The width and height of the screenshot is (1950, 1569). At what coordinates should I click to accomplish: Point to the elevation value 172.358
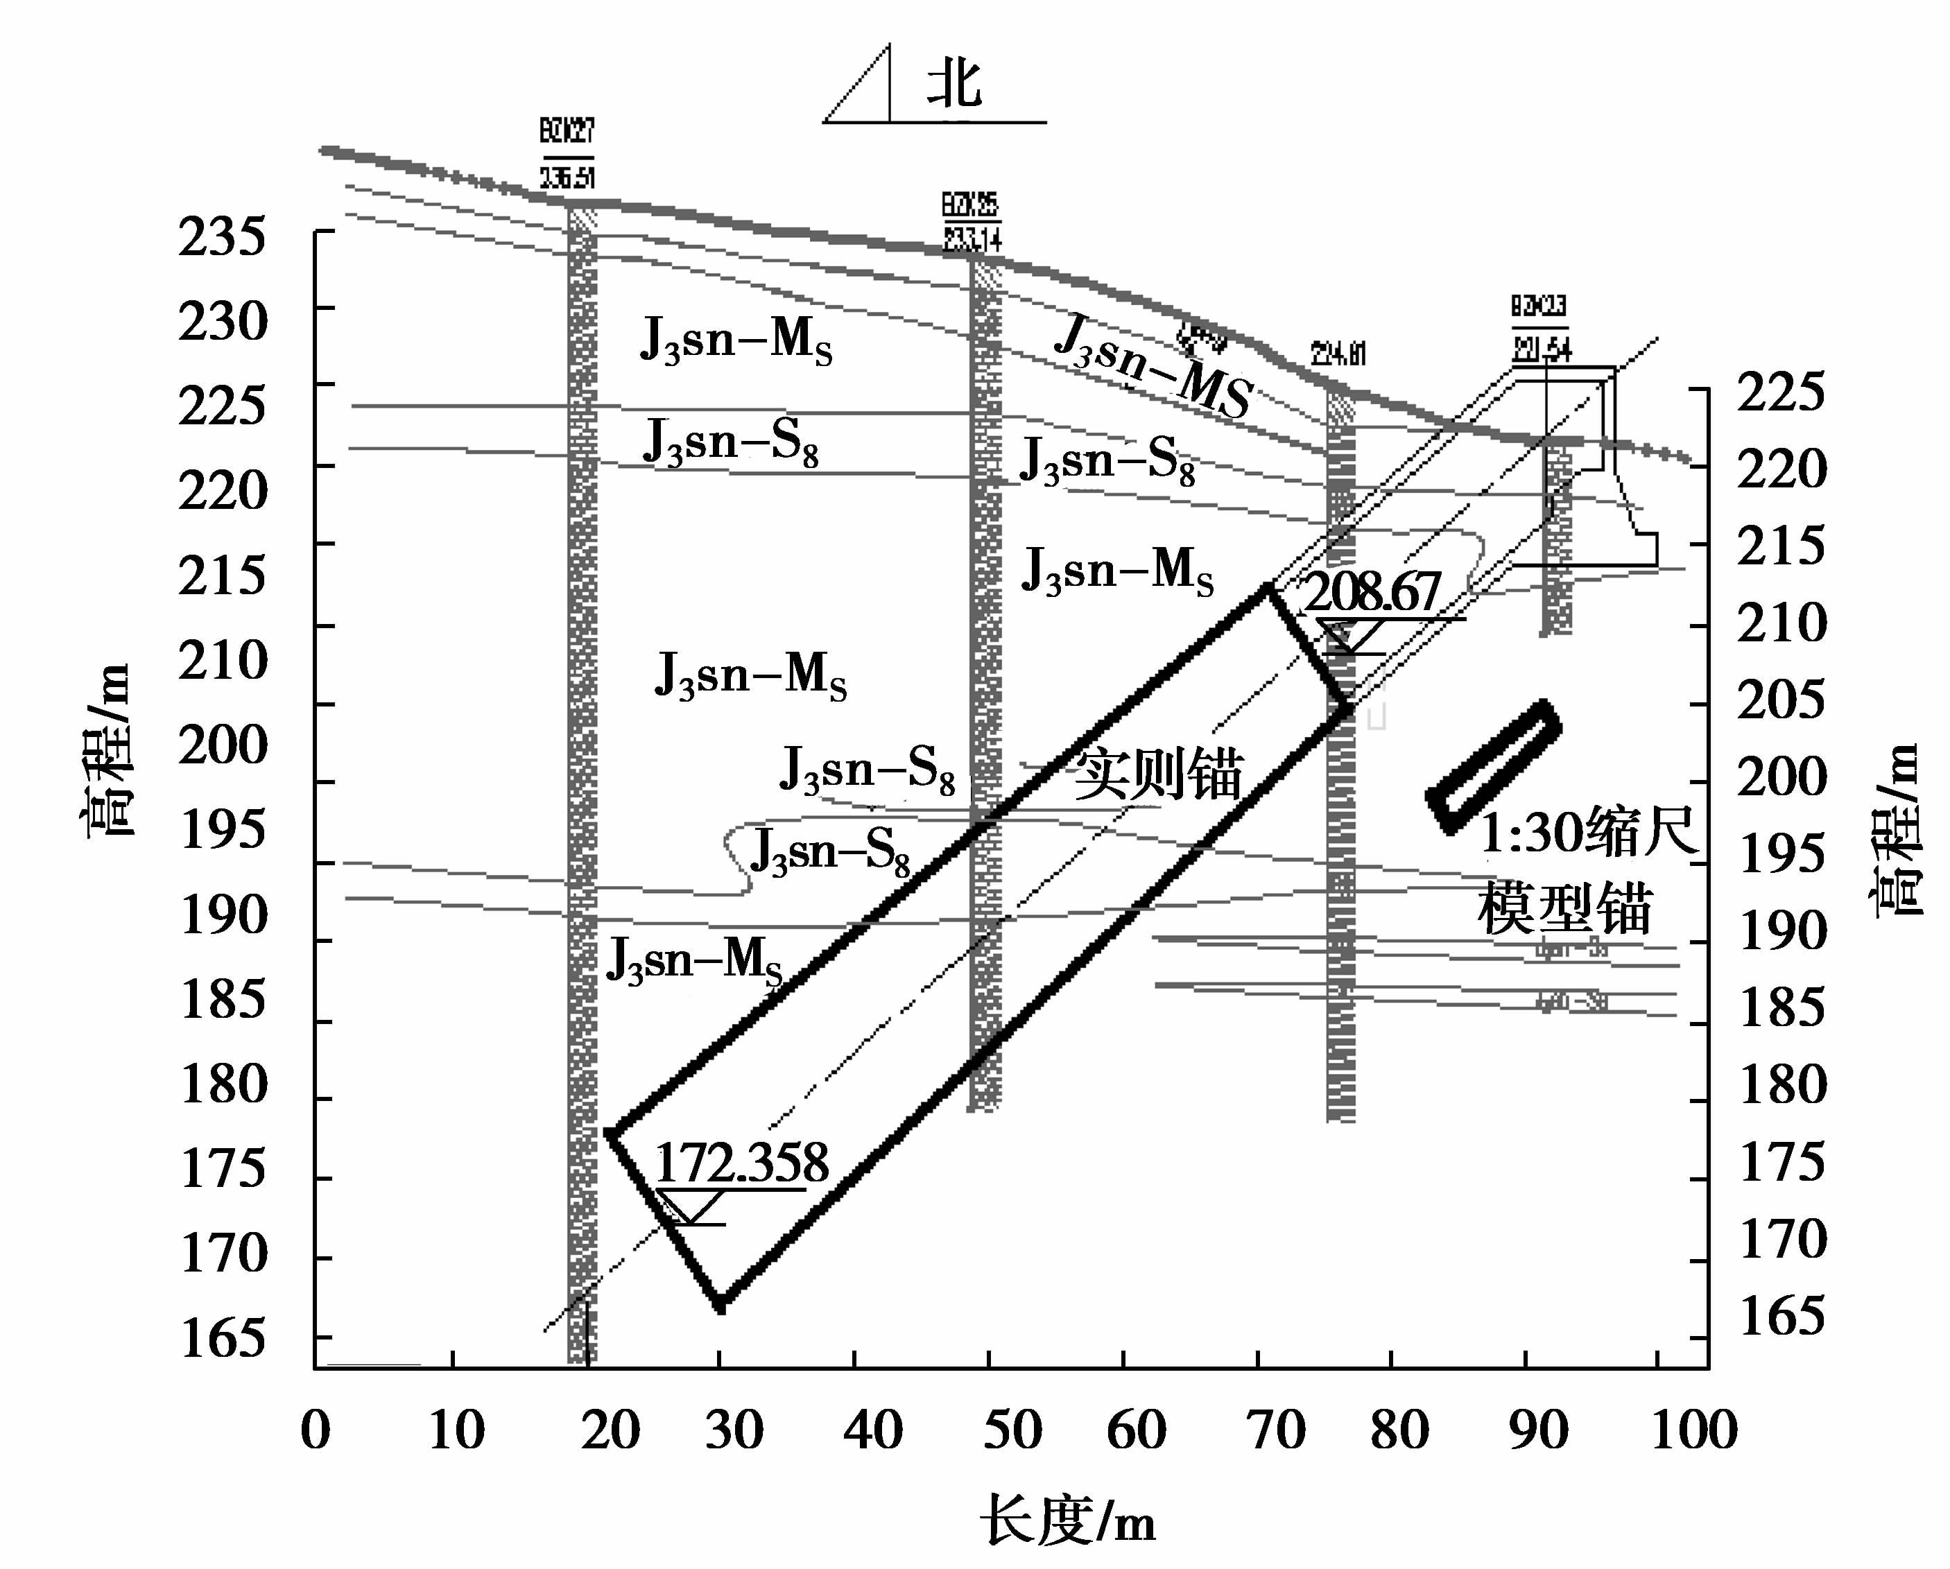(x=741, y=1162)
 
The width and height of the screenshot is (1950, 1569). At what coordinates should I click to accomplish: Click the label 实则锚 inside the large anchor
(x=1157, y=773)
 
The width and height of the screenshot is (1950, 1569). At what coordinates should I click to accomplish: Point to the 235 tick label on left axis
(x=223, y=238)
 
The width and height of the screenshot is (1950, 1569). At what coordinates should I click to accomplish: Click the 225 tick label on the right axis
(x=1780, y=392)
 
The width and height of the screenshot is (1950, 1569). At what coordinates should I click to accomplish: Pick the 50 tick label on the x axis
(x=1012, y=1430)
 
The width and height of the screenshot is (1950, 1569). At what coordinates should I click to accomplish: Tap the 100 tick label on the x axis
(x=1693, y=1430)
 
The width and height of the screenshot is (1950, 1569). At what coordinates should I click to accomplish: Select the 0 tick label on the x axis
(x=316, y=1430)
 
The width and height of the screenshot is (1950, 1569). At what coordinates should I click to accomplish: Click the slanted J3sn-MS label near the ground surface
(x=1153, y=366)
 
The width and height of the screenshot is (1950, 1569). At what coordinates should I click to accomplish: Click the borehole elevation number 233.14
(x=972, y=240)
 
